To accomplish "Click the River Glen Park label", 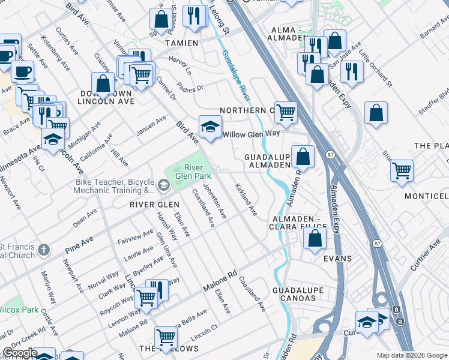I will tap(194, 171).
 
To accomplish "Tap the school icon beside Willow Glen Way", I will tap(209, 127).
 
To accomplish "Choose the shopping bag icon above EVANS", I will tap(315, 238).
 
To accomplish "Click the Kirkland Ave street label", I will tap(246, 200).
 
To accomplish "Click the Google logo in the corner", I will tap(19, 353).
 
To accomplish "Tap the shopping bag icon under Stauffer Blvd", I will tap(376, 114).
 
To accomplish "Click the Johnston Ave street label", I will tap(215, 202).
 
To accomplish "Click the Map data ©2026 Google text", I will tap(411, 355).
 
